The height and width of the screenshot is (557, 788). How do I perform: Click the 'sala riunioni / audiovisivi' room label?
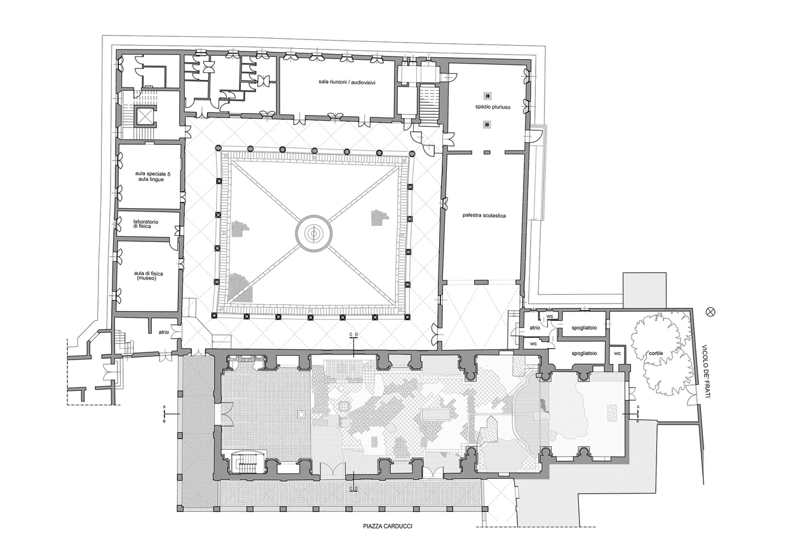(347, 83)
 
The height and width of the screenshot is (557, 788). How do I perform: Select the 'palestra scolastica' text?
(484, 215)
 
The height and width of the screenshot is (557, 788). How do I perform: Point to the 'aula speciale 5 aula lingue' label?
(153, 177)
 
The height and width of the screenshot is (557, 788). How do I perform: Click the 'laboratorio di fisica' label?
(146, 224)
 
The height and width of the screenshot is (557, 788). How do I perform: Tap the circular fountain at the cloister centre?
(314, 233)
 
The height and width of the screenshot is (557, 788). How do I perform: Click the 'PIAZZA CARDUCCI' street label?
(388, 536)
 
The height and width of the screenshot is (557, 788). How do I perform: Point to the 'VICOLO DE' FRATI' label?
(705, 371)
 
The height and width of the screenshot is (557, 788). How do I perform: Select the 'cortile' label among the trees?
(656, 353)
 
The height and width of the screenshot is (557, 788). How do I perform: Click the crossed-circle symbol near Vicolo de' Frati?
(711, 312)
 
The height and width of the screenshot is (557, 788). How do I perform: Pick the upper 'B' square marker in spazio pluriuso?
(487, 96)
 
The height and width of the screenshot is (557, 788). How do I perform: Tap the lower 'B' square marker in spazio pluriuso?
(487, 124)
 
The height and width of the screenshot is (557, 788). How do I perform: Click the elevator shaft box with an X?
(145, 115)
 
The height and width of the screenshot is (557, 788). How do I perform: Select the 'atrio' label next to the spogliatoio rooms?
(534, 328)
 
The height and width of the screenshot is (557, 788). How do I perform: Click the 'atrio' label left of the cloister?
(163, 332)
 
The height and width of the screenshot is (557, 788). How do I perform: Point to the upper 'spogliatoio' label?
(584, 328)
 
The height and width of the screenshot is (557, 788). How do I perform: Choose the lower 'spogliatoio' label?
(584, 353)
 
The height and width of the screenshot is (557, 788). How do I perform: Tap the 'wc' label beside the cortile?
(617, 353)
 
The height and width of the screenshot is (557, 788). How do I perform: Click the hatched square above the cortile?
(644, 290)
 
